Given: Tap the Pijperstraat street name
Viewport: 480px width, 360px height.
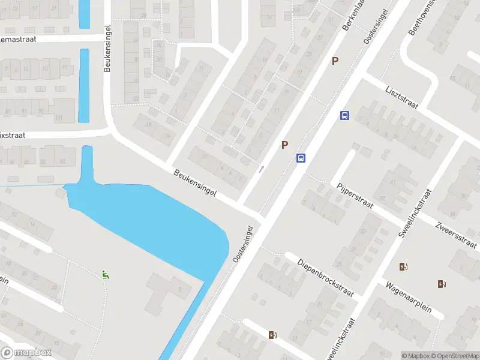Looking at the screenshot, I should (355, 196).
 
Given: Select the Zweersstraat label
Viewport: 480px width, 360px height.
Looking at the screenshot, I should (456, 235).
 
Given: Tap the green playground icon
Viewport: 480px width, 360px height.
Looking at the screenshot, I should (106, 275).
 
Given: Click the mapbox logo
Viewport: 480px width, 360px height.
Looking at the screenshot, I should (26, 353).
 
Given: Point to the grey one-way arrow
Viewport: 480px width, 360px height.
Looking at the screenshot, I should (261, 169).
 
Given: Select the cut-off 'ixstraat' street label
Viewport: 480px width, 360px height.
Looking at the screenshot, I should (12, 136).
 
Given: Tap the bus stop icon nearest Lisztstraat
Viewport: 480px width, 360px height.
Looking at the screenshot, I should (344, 115).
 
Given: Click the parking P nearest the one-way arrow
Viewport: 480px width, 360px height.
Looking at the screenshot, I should (285, 145).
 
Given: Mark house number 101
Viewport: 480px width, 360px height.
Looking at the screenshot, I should (59, 118).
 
